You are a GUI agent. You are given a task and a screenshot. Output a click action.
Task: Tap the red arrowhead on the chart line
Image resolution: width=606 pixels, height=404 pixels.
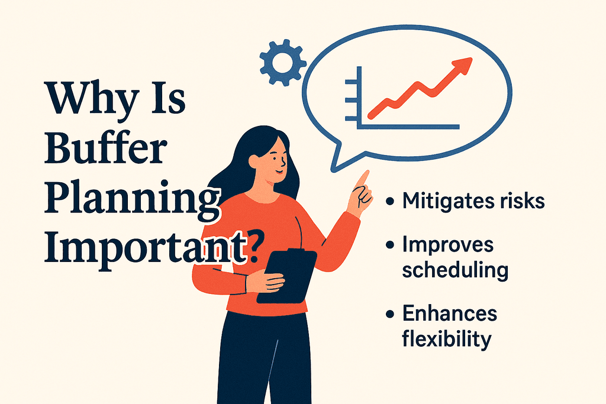tap(463, 64)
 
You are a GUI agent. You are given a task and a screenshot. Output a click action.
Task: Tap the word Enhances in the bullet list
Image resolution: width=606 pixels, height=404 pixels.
tap(450, 313)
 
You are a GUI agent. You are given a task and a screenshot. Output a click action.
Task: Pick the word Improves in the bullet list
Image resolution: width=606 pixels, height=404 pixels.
tap(448, 244)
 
